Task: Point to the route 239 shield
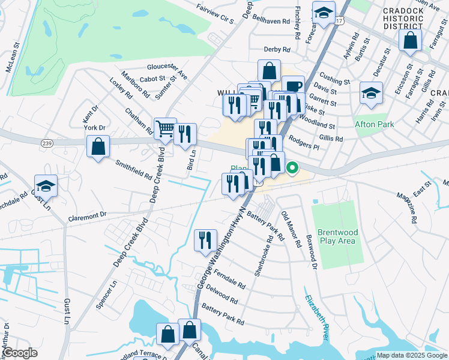(47, 142)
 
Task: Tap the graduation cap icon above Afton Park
(371, 93)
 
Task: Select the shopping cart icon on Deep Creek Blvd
(164, 128)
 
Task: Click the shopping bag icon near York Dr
(98, 147)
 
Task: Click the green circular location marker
(293, 168)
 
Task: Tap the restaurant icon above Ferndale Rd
(205, 240)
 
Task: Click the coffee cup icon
(293, 86)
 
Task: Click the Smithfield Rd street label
(133, 170)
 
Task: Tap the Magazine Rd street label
(406, 208)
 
